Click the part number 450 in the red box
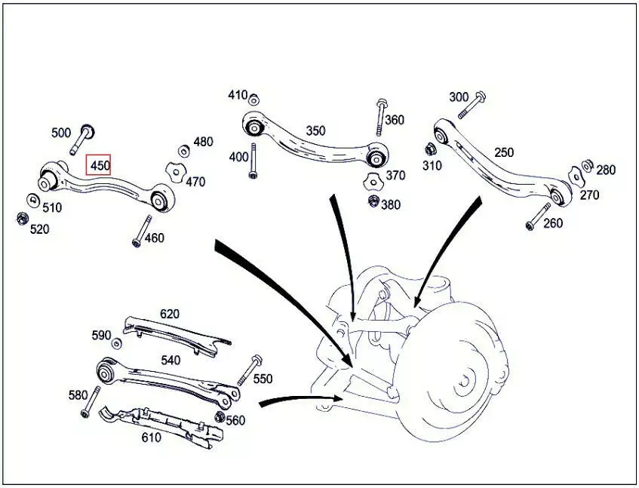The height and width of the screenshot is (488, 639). (x=99, y=164)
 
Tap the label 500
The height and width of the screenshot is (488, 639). (x=61, y=134)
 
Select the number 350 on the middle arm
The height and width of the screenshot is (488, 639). (x=315, y=130)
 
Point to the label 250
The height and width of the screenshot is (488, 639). (x=504, y=152)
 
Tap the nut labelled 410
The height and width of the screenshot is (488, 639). (x=254, y=99)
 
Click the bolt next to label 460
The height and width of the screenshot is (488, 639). (x=140, y=231)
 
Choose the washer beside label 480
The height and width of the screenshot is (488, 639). (x=183, y=150)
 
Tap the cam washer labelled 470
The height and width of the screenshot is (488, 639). (x=175, y=173)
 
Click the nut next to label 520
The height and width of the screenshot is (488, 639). (x=22, y=219)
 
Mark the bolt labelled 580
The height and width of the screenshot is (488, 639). (x=92, y=401)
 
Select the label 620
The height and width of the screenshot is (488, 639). (x=170, y=314)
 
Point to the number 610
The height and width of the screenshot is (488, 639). (x=151, y=437)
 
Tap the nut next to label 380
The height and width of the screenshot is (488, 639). (x=373, y=201)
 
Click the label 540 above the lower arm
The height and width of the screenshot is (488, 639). (x=171, y=361)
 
